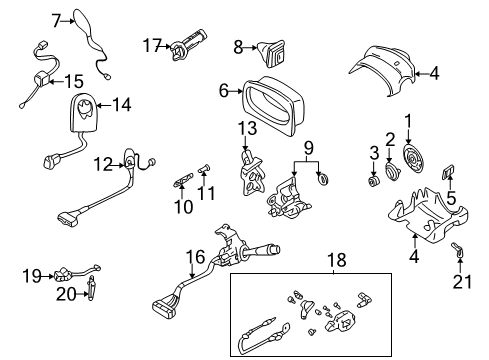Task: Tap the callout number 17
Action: tap(151, 45)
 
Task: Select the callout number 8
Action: tap(238, 45)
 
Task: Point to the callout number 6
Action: tap(224, 91)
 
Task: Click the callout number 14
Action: tap(121, 103)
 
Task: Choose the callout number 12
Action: tap(103, 163)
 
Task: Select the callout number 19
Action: tap(30, 273)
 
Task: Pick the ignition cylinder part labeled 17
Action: tap(187, 45)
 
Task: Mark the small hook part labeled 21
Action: tap(458, 253)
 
